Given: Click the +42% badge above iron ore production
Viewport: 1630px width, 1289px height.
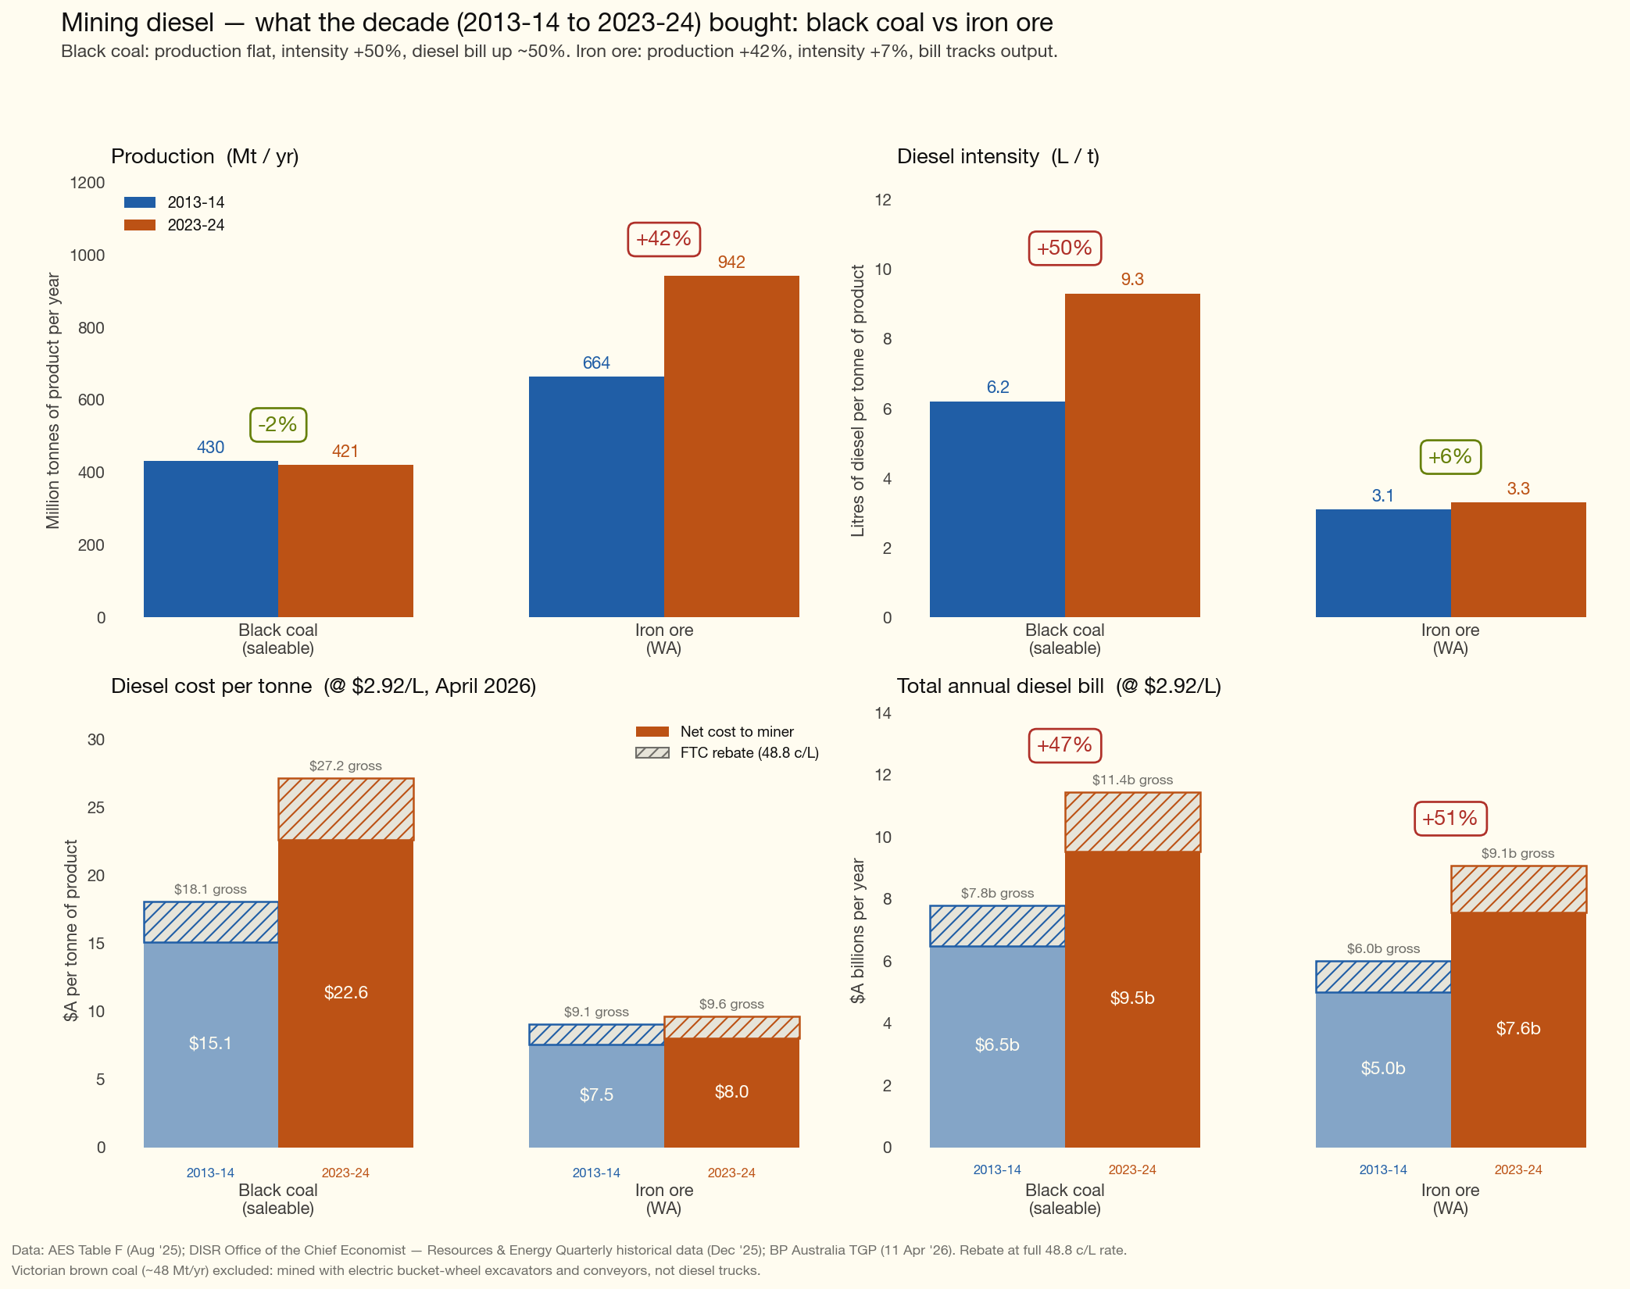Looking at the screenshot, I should tap(663, 239).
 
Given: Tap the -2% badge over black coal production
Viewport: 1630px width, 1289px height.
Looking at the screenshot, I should tap(277, 425).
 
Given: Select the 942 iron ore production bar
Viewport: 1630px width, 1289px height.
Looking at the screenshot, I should tap(731, 445).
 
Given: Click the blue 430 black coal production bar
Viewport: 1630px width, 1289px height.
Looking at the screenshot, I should tap(211, 539).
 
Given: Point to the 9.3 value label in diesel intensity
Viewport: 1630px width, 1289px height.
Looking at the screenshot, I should tap(1131, 280).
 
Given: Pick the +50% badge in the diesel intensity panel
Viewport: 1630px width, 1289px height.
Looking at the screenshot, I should tap(1064, 248).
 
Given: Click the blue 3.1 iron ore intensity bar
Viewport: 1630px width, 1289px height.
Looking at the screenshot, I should tap(1382, 562).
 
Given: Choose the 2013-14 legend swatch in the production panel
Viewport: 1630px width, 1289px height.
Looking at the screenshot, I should tap(140, 202).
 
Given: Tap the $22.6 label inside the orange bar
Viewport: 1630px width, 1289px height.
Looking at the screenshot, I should tap(345, 992).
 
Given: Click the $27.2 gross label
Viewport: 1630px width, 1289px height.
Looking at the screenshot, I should tap(345, 766).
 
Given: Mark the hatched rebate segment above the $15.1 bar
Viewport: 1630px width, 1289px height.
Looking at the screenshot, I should tap(211, 923).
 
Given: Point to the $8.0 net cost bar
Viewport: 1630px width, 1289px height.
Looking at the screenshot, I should tap(731, 1092).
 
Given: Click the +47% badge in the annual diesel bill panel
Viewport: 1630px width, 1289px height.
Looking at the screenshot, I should tap(1064, 745).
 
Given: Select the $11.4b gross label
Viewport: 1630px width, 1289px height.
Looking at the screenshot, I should tap(1131, 780).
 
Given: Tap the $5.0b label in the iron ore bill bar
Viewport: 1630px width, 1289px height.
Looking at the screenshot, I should tap(1382, 1068).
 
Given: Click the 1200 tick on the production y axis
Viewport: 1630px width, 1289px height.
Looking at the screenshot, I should tap(88, 183).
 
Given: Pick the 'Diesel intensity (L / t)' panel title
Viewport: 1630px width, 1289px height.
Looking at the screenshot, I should tap(998, 156).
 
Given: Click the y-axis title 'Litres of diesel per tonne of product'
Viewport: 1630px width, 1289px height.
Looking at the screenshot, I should tap(858, 401).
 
